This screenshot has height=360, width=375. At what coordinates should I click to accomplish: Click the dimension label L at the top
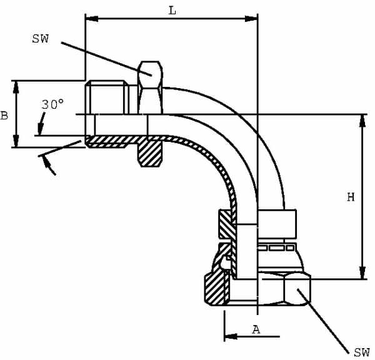click(x=171, y=11)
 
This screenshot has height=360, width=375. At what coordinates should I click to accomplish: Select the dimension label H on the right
click(x=351, y=197)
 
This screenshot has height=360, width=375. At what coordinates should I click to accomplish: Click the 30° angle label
click(x=52, y=104)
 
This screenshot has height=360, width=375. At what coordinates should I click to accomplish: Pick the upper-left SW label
click(x=39, y=39)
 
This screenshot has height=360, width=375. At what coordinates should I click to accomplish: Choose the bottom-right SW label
click(x=361, y=352)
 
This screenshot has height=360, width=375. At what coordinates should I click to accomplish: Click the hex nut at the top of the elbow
click(x=150, y=87)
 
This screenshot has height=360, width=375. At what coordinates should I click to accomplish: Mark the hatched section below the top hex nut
click(x=150, y=153)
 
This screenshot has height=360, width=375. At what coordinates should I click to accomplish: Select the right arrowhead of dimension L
click(x=253, y=19)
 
